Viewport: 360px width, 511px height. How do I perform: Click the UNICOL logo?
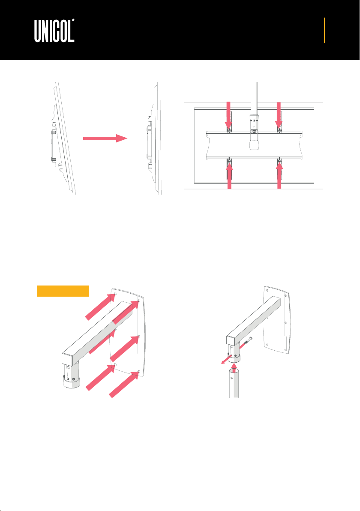[x=54, y=30]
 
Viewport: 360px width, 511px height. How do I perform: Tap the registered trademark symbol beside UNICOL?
[x=73, y=20]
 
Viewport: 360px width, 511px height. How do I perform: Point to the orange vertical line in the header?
[x=324, y=30]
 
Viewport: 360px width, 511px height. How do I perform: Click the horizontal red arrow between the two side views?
[x=105, y=138]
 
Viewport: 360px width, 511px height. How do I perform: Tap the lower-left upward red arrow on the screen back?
[x=230, y=176]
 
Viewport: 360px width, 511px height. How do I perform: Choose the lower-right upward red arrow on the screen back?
[x=279, y=176]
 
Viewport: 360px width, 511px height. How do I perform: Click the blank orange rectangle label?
[x=63, y=291]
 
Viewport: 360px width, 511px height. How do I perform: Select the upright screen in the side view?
[x=154, y=138]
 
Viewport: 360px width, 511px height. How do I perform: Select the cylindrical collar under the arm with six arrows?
[x=71, y=375]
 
